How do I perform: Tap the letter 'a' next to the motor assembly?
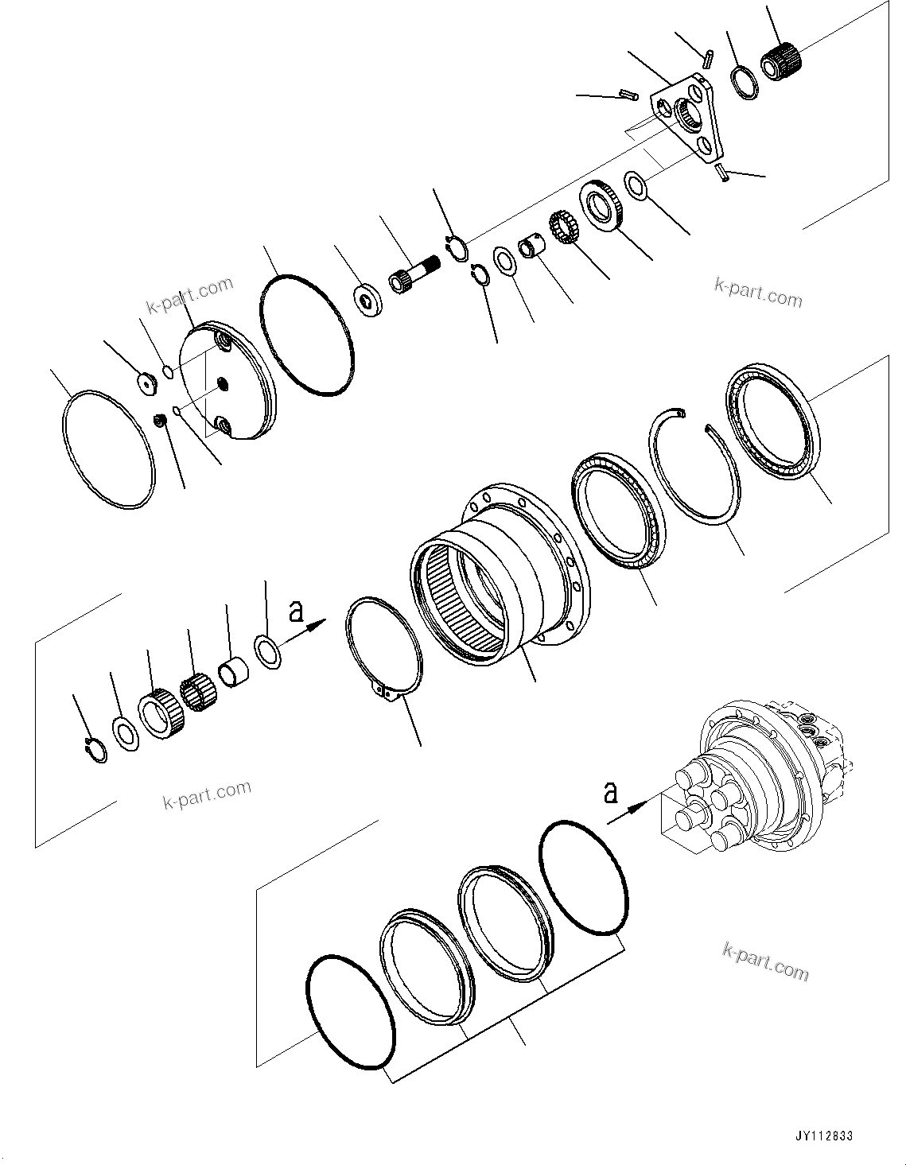tap(610, 793)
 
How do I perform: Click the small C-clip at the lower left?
tap(95, 750)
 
